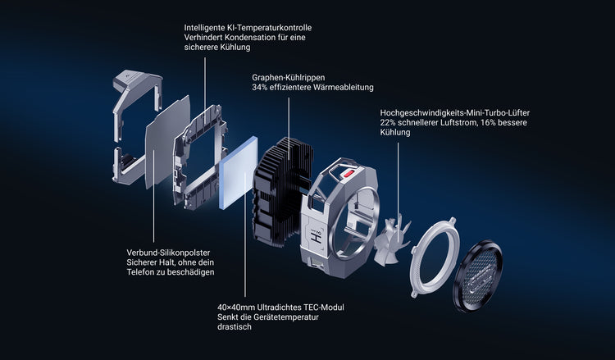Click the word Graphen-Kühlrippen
pyautogui.click(x=289, y=78)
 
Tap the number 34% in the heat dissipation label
pyautogui.click(x=260, y=87)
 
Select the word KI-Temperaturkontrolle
pyautogui.click(x=269, y=28)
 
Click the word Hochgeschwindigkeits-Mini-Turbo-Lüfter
pyautogui.click(x=455, y=113)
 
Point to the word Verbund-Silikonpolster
pyautogui.click(x=168, y=253)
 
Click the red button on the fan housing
pyautogui.click(x=348, y=173)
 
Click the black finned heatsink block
pyautogui.click(x=283, y=191)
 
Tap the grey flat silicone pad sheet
pyautogui.click(x=168, y=142)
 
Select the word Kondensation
pyautogui.click(x=243, y=38)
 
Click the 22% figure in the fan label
pyautogui.click(x=388, y=122)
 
